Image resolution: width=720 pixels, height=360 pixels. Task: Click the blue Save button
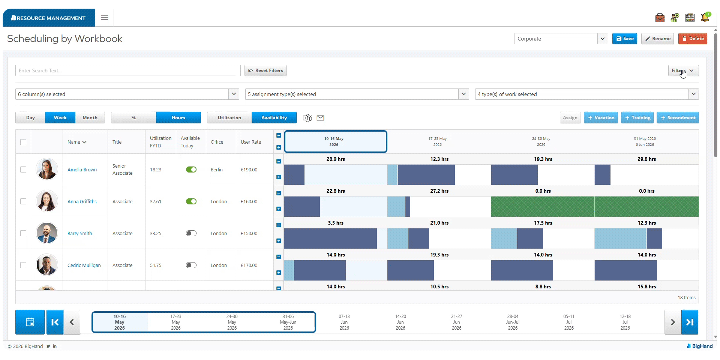624,39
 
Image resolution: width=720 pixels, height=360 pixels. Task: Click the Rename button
657,39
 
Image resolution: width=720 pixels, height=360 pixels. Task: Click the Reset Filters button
265,70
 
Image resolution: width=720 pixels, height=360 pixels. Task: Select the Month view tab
90,118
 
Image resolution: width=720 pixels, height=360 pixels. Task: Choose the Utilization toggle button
229,118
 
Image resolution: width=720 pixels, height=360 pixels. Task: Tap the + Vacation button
601,118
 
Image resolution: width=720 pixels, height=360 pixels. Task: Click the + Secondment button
678,118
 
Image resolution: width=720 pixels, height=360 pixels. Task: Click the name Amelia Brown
82,170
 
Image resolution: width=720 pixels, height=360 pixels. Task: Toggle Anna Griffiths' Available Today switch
191,201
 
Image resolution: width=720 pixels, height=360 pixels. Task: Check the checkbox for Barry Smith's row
23,233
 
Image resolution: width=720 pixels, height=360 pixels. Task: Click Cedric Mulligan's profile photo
47,265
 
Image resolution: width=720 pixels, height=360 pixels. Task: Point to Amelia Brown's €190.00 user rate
249,170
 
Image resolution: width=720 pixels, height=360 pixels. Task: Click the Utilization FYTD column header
160,142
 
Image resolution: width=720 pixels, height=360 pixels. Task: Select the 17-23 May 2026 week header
438,142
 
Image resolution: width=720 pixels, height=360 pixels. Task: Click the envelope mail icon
320,118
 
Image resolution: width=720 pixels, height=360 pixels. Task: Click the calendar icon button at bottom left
30,322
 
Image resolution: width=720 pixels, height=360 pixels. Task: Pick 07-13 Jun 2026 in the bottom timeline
344,322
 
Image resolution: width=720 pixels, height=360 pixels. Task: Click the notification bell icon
705,17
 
